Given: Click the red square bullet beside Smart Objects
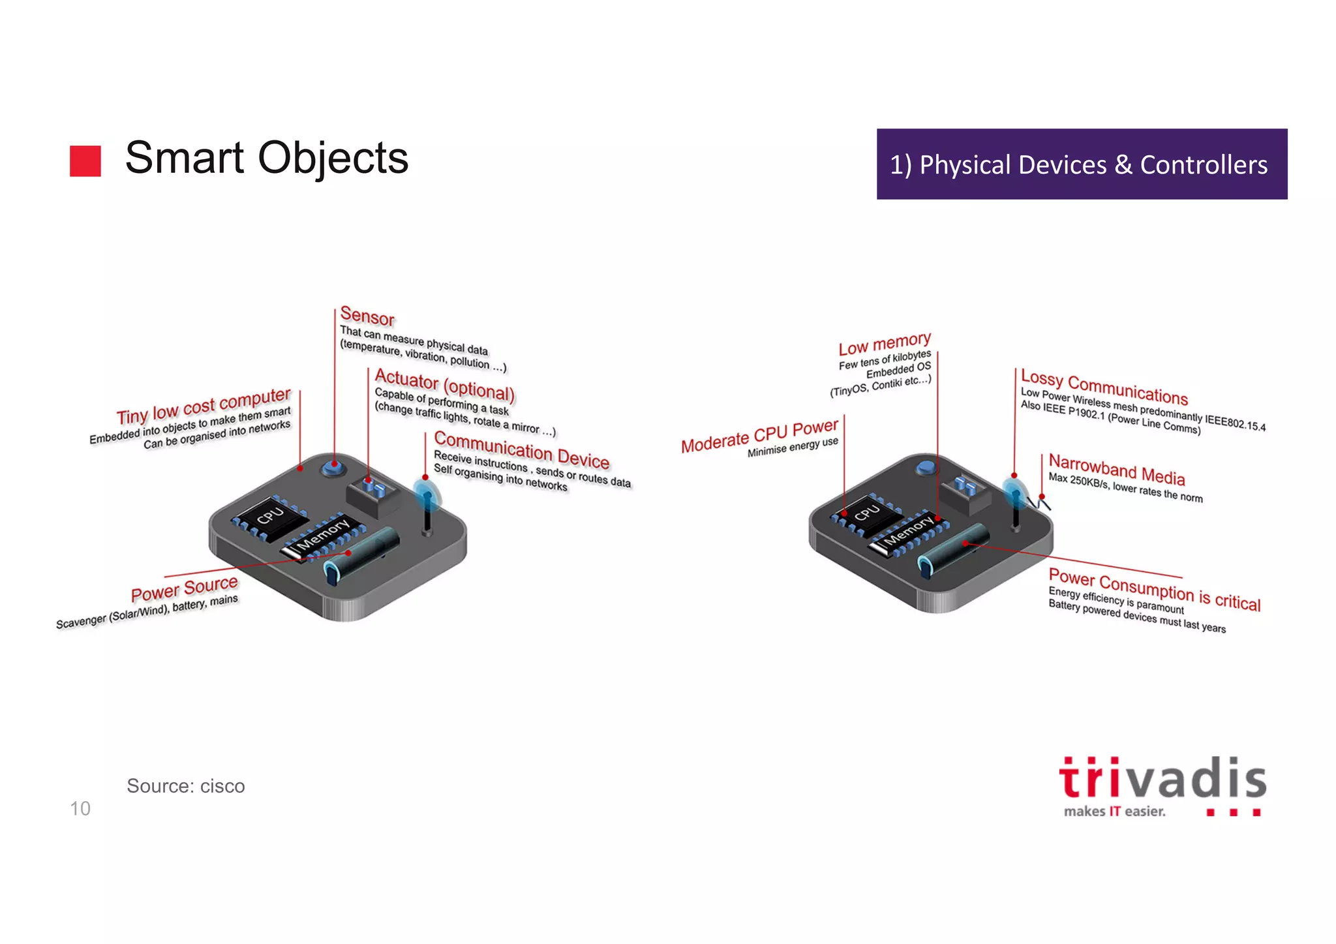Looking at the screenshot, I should (x=85, y=161).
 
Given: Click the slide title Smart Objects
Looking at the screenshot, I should (x=266, y=158).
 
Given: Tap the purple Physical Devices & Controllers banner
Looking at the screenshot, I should (x=1082, y=164).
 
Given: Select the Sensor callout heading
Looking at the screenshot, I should (x=367, y=316).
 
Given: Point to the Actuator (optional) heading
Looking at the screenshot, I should (x=445, y=385).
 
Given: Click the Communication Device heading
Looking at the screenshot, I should (x=521, y=449).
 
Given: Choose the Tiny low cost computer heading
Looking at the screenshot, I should (x=204, y=406).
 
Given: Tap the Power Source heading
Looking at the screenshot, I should (x=185, y=588).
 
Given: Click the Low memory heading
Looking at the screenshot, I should (x=885, y=343).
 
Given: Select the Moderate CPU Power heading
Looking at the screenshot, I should (x=759, y=436).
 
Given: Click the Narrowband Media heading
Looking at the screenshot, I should (x=1116, y=469).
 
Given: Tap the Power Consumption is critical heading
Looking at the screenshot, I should (x=1154, y=589).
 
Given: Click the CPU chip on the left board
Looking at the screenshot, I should (x=270, y=515).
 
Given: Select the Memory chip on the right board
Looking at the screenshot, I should (x=909, y=532).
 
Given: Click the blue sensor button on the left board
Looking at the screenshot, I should (x=333, y=467).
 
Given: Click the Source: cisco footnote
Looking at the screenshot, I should (x=186, y=786).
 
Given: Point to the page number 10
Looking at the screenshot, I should (x=80, y=809).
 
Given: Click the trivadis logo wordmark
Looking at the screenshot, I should (x=1162, y=779).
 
